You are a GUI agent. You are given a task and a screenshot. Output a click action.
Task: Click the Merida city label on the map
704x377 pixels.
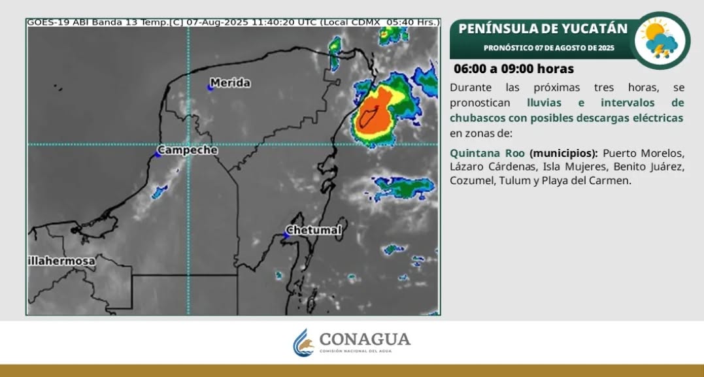point(230,83)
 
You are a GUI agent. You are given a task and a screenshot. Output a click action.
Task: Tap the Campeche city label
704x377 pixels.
point(188,150)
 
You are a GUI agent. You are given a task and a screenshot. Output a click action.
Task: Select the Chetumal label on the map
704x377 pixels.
point(314,231)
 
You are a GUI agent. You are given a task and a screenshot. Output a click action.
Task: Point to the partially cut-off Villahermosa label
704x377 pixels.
point(61,261)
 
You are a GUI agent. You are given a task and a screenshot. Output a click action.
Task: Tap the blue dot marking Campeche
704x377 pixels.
point(157,154)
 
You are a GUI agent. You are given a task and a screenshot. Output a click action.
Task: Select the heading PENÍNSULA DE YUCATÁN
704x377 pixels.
point(543,29)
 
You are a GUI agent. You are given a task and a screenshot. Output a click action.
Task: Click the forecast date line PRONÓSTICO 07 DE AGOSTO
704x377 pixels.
point(549,48)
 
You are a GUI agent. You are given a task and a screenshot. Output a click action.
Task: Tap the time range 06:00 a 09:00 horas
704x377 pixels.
point(513,69)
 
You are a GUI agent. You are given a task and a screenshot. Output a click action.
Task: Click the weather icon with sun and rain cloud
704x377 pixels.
point(661,41)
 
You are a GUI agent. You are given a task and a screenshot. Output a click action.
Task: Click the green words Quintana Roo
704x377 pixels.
point(487,153)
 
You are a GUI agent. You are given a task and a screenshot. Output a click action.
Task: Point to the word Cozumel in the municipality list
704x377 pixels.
point(471,181)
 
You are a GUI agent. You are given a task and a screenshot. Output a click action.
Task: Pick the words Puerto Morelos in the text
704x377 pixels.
point(643,153)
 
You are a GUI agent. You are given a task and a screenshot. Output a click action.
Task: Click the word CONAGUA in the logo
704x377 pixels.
point(365,338)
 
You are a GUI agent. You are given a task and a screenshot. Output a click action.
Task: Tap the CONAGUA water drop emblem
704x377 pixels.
point(303,342)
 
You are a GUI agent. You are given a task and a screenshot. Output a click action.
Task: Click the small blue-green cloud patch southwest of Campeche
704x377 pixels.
point(159,191)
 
